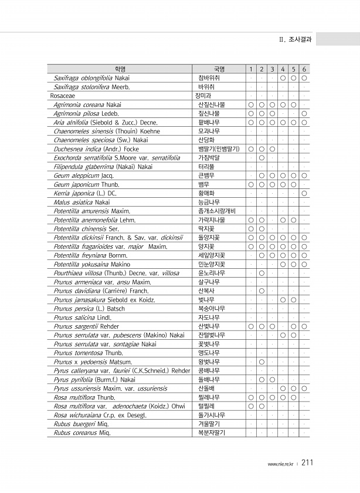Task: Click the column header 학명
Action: (x=120, y=69)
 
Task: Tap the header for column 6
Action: (x=304, y=69)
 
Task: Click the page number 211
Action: (x=307, y=463)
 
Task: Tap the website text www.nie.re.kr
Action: (x=282, y=464)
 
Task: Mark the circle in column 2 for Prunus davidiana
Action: (x=261, y=290)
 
